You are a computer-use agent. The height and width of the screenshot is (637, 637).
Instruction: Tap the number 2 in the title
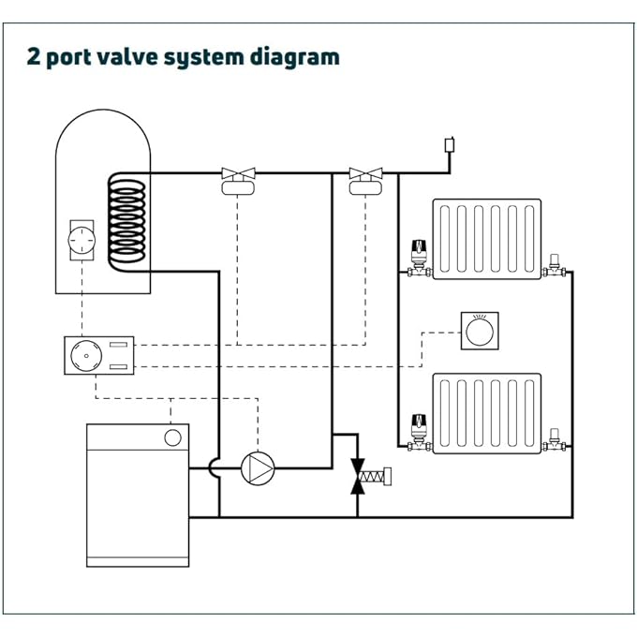pyautogui.click(x=35, y=57)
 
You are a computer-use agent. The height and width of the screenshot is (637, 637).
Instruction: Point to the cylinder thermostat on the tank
pyautogui.click(x=81, y=241)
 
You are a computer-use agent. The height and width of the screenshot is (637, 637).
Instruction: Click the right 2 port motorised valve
pyautogui.click(x=365, y=180)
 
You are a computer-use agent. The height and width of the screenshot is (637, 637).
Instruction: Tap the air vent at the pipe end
pyautogui.click(x=450, y=146)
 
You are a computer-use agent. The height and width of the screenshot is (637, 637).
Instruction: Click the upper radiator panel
pyautogui.click(x=486, y=237)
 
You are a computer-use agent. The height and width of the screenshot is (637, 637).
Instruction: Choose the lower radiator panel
pyautogui.click(x=486, y=413)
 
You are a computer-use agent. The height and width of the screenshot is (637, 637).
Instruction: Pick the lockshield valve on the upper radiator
pyautogui.click(x=556, y=265)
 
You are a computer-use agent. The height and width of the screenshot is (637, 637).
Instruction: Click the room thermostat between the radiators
pyautogui.click(x=479, y=332)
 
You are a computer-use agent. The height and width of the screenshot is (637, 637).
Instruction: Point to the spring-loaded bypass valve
pyautogui.click(x=360, y=475)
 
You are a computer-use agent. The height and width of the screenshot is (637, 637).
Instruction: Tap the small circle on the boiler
pyautogui.click(x=173, y=437)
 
